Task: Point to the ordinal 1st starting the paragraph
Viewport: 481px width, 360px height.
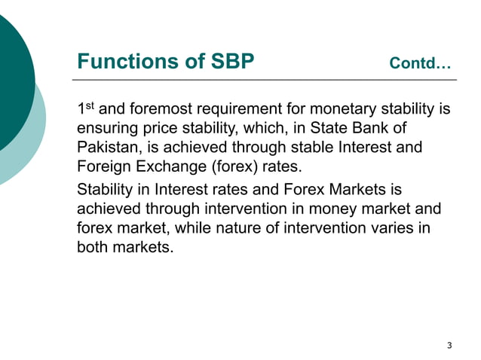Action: (86, 110)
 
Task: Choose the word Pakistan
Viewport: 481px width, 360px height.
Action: (106, 148)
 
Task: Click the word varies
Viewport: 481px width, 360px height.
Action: (388, 227)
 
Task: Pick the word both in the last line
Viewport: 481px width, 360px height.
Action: (93, 246)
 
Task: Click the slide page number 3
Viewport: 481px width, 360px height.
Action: (449, 346)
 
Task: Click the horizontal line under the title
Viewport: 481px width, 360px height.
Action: (265, 79)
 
